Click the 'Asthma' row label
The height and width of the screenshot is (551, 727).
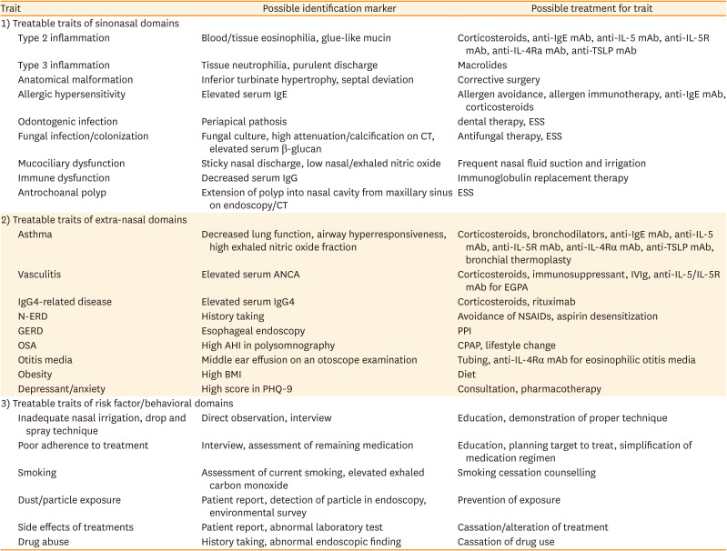(x=35, y=234)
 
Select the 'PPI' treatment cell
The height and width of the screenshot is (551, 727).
(x=465, y=331)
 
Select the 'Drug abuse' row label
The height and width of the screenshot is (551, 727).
(x=45, y=542)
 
